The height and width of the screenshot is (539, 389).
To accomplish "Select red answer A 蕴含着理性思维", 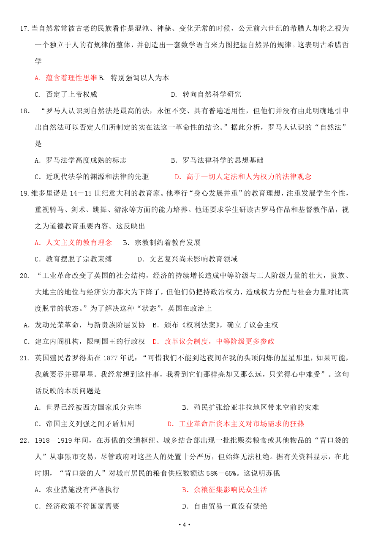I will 66,78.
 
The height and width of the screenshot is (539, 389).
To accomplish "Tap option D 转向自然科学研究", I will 206,94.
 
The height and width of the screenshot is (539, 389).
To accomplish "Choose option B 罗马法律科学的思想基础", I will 217,160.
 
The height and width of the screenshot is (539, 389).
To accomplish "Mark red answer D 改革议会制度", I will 213,341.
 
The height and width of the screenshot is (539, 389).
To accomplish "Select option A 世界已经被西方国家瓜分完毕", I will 88,407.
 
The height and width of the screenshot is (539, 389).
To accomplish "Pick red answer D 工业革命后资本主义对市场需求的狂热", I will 236,424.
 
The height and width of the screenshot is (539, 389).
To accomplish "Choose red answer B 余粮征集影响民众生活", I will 224,490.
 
